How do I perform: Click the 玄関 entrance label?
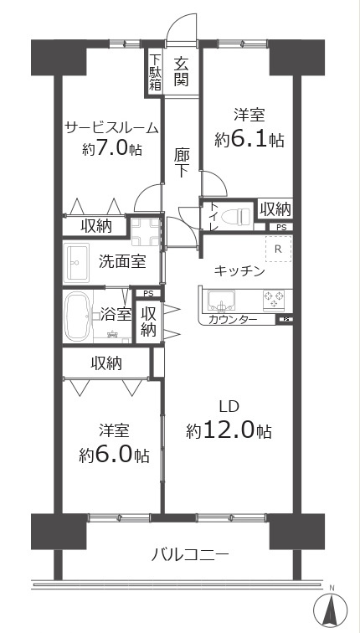(x=182, y=70)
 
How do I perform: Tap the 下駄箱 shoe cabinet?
(x=155, y=71)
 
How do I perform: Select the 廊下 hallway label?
(x=182, y=162)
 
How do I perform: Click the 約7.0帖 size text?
(x=111, y=150)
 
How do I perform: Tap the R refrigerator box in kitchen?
(x=277, y=249)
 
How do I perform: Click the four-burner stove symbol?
(x=274, y=297)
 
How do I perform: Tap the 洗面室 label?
(x=122, y=261)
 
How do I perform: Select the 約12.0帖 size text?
(x=228, y=430)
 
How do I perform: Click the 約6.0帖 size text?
(x=114, y=455)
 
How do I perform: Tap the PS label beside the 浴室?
(x=148, y=293)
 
